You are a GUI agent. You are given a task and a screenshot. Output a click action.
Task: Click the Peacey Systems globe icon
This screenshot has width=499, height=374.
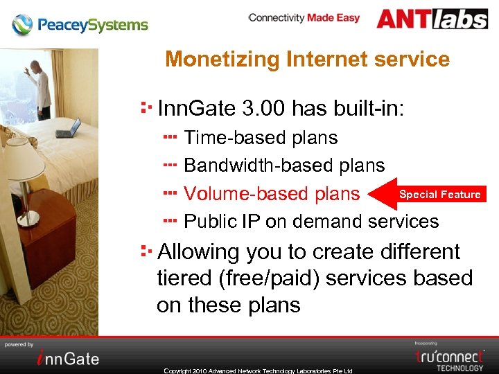(x=23, y=26)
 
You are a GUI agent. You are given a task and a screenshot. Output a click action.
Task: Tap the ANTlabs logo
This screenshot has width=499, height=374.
(x=432, y=19)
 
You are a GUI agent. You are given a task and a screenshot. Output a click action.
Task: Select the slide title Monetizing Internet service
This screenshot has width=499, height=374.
(x=307, y=60)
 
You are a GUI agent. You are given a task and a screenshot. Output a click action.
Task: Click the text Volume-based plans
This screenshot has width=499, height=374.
(x=271, y=194)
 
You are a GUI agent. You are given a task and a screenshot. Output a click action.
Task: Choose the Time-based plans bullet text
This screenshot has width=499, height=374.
(x=261, y=138)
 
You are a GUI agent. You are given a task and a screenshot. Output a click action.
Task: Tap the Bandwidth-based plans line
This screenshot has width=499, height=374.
(x=283, y=166)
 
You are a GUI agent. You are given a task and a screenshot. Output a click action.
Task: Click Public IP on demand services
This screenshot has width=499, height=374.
(x=311, y=222)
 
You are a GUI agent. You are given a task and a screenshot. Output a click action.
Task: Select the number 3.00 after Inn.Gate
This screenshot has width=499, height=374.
(x=265, y=109)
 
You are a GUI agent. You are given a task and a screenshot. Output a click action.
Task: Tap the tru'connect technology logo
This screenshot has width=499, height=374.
(x=450, y=357)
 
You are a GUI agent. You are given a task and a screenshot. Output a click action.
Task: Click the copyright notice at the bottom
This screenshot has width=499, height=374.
(x=258, y=371)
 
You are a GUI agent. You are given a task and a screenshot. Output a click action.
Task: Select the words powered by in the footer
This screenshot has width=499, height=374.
(x=19, y=344)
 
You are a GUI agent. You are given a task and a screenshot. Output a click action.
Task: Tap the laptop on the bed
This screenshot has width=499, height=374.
(x=68, y=129)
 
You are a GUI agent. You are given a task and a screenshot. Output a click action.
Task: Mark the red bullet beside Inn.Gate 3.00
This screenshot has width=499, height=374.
(x=146, y=107)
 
